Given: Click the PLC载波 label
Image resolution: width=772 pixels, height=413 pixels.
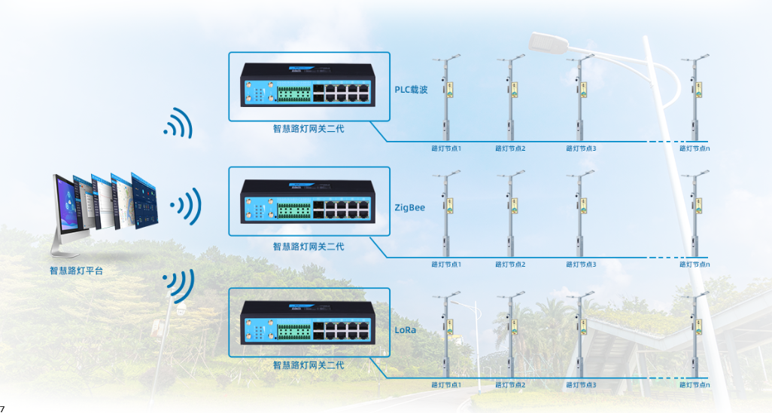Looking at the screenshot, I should point(411,90).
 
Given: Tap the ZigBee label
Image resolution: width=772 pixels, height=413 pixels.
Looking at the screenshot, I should point(409,207).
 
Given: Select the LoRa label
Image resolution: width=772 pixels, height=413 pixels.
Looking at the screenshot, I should point(406,330).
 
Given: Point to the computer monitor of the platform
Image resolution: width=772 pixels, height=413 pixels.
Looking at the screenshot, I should point(68,207).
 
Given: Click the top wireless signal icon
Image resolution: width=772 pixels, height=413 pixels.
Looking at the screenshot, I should point(179,123).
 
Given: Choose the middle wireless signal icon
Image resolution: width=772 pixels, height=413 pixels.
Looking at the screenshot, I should point(187,205).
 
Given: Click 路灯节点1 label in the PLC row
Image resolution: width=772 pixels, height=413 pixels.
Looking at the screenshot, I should point(446,148).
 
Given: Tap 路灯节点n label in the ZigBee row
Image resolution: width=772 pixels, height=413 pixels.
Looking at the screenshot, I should point(694,265).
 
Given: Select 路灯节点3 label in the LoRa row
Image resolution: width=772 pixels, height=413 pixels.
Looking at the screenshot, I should point(581,385).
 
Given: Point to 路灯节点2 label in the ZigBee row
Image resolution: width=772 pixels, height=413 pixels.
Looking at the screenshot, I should point(510,265).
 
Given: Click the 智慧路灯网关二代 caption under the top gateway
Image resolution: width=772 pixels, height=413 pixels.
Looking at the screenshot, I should point(308,129).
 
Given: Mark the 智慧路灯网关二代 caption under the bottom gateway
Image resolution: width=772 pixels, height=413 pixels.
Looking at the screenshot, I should point(308,366).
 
